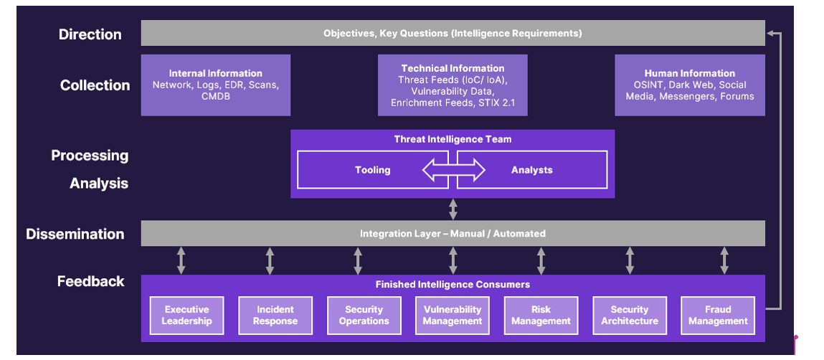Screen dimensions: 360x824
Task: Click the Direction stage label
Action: (x=90, y=34)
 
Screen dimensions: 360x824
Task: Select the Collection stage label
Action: (x=95, y=85)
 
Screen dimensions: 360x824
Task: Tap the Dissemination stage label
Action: (x=75, y=234)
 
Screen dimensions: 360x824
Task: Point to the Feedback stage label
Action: (x=91, y=281)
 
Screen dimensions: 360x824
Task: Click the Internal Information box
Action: (x=216, y=85)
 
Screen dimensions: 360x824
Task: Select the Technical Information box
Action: (x=453, y=85)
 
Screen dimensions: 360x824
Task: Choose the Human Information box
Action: (x=690, y=85)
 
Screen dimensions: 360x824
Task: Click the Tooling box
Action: (x=373, y=170)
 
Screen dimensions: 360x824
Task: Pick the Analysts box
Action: (x=532, y=170)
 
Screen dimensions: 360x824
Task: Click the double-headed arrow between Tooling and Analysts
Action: (x=453, y=170)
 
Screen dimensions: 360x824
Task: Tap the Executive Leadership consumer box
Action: (x=186, y=316)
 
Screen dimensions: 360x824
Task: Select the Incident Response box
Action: (x=275, y=316)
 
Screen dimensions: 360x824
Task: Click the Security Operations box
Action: (x=364, y=316)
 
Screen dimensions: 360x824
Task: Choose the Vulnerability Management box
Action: (x=453, y=316)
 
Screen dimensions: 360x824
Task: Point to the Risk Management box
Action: (x=541, y=316)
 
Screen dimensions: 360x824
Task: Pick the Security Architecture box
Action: (x=630, y=316)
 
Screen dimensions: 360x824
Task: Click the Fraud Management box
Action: (x=718, y=316)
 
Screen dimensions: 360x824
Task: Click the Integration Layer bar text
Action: (x=453, y=234)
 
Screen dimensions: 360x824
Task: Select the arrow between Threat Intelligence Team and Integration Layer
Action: (x=453, y=209)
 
